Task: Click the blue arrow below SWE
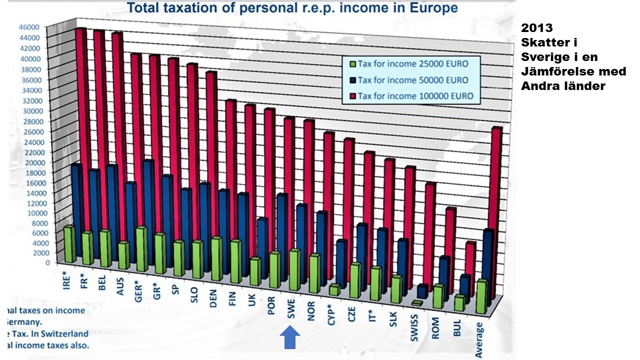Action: (289, 337)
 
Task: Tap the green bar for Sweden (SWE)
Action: (294, 270)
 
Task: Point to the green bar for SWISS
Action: (417, 303)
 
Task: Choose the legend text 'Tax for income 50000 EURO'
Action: (413, 80)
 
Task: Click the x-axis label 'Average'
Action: (479, 340)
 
